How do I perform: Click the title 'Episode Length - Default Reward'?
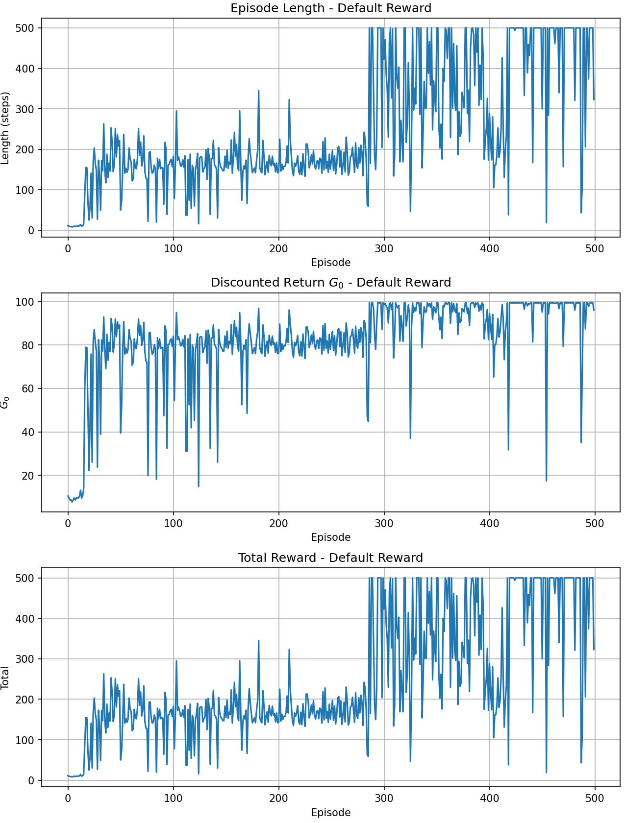(331, 8)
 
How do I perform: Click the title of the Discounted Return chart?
(331, 283)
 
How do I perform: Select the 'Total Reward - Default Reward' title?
(331, 558)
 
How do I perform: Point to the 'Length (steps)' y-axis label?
(6, 128)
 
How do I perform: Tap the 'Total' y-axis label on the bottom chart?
(6, 678)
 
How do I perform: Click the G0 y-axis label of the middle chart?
(6, 403)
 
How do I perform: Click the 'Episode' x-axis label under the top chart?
(331, 263)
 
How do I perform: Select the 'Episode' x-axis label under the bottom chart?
(331, 813)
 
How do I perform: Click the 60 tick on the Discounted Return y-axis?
(28, 389)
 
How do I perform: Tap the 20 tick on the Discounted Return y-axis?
(28, 476)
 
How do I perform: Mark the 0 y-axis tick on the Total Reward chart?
(31, 780)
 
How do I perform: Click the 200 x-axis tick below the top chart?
(278, 249)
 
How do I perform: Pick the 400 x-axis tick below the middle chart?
(489, 524)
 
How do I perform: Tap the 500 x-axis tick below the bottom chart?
(595, 799)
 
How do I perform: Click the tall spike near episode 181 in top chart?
(259, 91)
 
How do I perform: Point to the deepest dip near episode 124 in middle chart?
(199, 486)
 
